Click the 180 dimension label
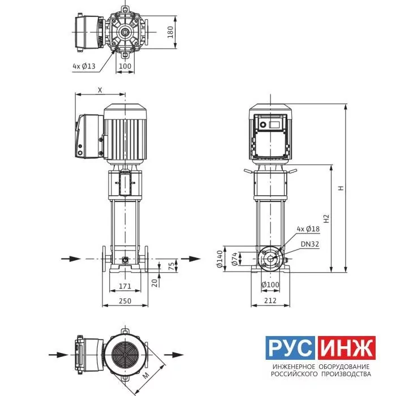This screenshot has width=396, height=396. [170, 32]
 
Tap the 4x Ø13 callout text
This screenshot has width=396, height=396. [84, 66]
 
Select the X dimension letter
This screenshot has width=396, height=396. [100, 90]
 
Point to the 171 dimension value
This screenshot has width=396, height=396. [125, 286]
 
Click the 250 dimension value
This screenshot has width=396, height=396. [125, 301]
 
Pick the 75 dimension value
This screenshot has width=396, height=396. [171, 266]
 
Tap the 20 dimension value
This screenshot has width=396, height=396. [154, 283]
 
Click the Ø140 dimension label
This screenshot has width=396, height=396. [219, 259]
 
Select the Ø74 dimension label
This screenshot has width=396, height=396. [235, 259]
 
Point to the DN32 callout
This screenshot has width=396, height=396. [310, 244]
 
